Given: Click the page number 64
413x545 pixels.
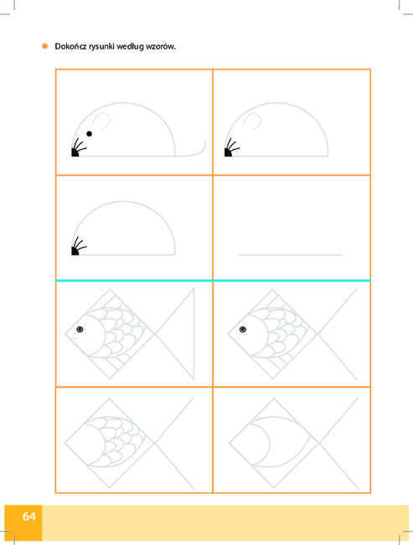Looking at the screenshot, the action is click(x=28, y=516).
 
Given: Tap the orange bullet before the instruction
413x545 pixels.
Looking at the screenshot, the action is click(x=44, y=46).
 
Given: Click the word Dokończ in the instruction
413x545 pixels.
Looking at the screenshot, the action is click(x=70, y=47).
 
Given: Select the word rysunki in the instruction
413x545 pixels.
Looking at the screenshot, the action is click(x=101, y=47).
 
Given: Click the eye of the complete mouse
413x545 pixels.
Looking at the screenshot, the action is click(x=90, y=134).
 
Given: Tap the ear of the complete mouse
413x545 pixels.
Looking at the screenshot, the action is click(x=101, y=122).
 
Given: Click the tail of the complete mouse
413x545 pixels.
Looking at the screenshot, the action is click(x=191, y=150).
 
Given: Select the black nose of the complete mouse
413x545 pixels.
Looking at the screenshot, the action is click(x=75, y=153).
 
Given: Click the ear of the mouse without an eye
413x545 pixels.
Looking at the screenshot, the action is click(x=252, y=121).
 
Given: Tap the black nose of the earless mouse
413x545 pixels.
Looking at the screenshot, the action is click(x=75, y=251).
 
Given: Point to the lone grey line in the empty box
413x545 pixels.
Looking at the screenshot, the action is click(x=291, y=255).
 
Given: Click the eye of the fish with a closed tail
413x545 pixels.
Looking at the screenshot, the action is click(x=80, y=330).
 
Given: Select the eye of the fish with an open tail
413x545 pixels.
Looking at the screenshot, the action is click(x=243, y=330).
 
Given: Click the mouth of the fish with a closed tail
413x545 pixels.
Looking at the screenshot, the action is click(x=75, y=338).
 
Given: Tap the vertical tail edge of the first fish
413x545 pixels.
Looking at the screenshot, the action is click(x=194, y=334).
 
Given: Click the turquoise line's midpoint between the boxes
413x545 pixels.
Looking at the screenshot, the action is click(x=213, y=280).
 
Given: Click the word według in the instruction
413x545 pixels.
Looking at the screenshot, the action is click(x=130, y=47).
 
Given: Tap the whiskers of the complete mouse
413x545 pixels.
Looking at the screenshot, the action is click(x=80, y=145).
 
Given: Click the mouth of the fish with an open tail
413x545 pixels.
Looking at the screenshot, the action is click(x=238, y=338).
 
